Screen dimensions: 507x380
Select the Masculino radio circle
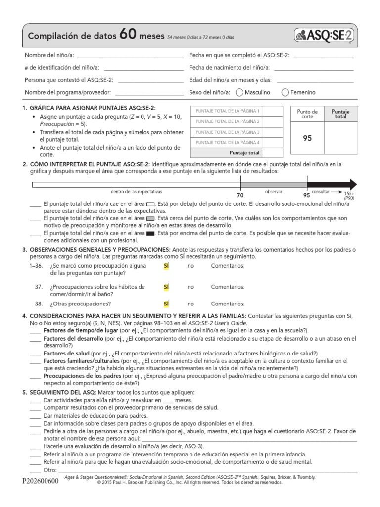(x=239, y=92)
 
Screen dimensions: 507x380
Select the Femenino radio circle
(x=285, y=92)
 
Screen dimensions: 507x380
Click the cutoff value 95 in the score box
(x=307, y=139)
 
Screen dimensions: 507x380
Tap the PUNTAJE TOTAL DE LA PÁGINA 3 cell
(x=228, y=132)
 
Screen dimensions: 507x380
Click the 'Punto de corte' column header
(x=307, y=114)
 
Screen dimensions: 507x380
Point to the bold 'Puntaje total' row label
(x=244, y=153)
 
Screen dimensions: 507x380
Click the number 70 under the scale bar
(x=240, y=196)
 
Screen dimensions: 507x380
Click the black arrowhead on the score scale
(x=349, y=184)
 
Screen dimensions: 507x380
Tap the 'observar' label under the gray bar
(x=273, y=191)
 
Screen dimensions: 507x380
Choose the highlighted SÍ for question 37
(x=166, y=287)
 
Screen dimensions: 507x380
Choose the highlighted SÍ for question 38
(x=166, y=304)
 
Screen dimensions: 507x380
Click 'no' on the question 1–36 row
(x=190, y=266)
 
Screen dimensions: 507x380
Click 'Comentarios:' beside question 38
(x=228, y=304)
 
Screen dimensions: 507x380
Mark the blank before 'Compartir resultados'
(x=35, y=408)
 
